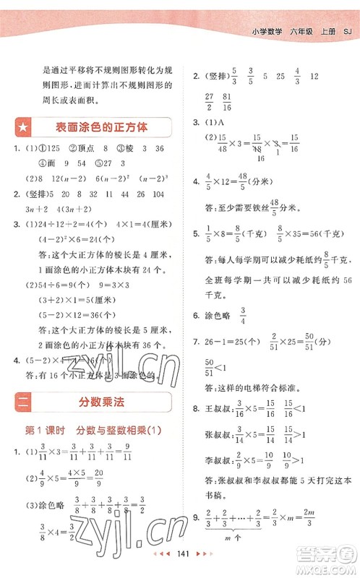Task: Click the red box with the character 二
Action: (x=24, y=402)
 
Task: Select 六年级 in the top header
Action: (x=299, y=31)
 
